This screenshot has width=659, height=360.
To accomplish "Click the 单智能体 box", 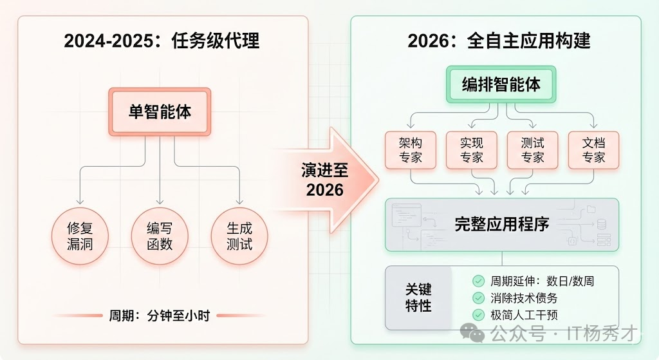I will point(160,111).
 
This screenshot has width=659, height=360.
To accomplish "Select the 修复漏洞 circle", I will point(80,236).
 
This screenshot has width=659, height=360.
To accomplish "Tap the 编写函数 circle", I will point(160,236).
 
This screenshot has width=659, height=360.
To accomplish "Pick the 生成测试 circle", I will point(239,236).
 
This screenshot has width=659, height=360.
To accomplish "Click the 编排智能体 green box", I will point(501,84).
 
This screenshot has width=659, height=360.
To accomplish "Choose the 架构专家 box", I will point(410,150).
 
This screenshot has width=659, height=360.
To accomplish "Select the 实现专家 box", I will point(471,150).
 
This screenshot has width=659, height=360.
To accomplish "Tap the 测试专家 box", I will point(532,150).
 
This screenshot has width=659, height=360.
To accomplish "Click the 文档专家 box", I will point(593,150).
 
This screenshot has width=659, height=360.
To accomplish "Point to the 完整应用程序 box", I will point(501,225).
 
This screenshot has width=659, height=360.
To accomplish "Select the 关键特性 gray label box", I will point(418,297).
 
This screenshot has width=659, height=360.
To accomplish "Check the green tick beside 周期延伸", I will point(478,281).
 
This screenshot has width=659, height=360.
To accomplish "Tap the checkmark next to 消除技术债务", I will point(478,298).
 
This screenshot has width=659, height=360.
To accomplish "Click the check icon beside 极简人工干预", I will point(478,315).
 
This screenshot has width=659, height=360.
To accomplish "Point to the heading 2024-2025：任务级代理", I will point(162,42).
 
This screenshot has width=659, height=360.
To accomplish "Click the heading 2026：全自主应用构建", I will point(499,42).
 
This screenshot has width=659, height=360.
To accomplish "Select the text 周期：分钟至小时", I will point(160,316).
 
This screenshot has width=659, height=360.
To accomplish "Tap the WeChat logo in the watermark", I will point(476,333).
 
